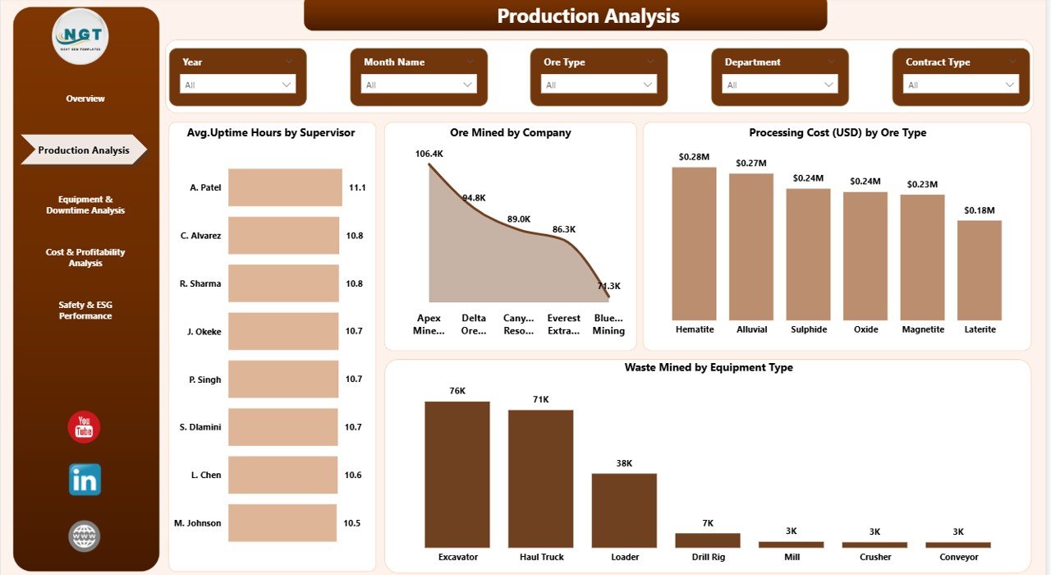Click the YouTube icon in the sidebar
pyautogui.click(x=84, y=427)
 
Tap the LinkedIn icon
pyautogui.click(x=85, y=480)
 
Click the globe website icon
pyautogui.click(x=85, y=536)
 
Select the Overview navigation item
pyautogui.click(x=85, y=99)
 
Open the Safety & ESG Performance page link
pyautogui.click(x=85, y=310)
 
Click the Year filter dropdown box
pyautogui.click(x=237, y=85)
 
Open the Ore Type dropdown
pyautogui.click(x=599, y=85)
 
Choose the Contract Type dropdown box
pyautogui.click(x=961, y=85)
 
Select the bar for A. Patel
pyautogui.click(x=285, y=187)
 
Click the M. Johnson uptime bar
pyautogui.click(x=282, y=523)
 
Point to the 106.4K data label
pyautogui.click(x=429, y=154)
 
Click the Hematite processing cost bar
pyautogui.click(x=694, y=243)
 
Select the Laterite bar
pyautogui.click(x=980, y=269)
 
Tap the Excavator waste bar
pyautogui.click(x=457, y=474)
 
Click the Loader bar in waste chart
pyautogui.click(x=624, y=510)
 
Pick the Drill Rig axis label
pyautogui.click(x=708, y=557)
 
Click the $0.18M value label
pyautogui.click(x=980, y=211)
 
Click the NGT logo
pyautogui.click(x=80, y=36)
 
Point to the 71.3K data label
pyautogui.click(x=608, y=286)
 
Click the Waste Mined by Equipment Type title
pyautogui.click(x=708, y=367)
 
